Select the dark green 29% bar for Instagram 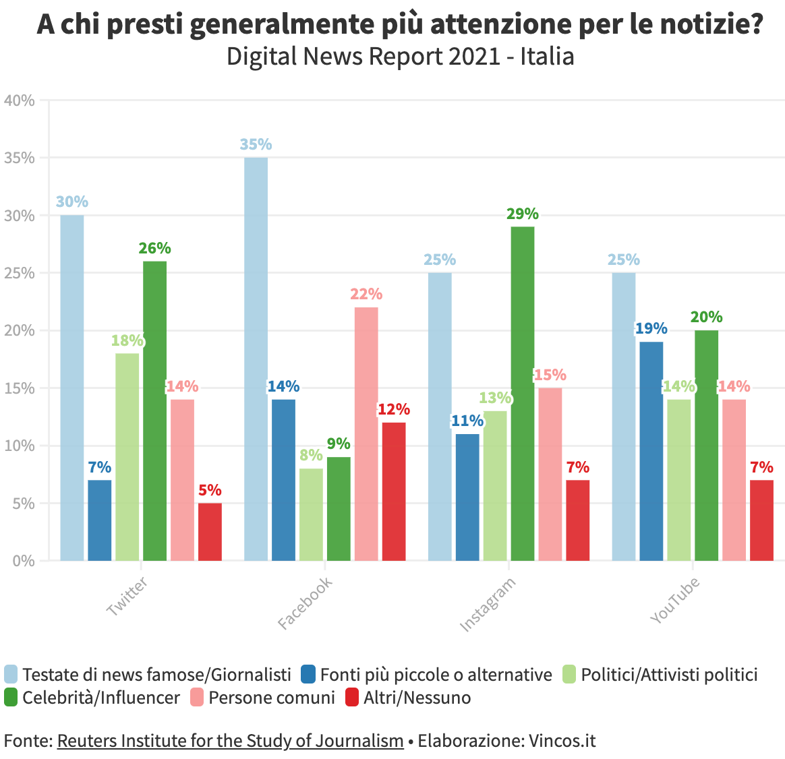[x=523, y=394]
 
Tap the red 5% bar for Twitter [x=210, y=532]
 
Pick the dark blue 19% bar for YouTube [x=651, y=451]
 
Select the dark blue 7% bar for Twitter [x=100, y=520]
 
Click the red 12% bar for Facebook [x=394, y=491]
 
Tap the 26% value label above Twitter [x=154, y=248]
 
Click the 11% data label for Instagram [x=467, y=421]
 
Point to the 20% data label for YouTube [x=706, y=317]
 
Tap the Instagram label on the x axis [x=488, y=605]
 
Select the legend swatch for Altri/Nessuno [x=352, y=697]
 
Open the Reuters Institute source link [x=230, y=741]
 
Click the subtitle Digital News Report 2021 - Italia [x=400, y=57]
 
